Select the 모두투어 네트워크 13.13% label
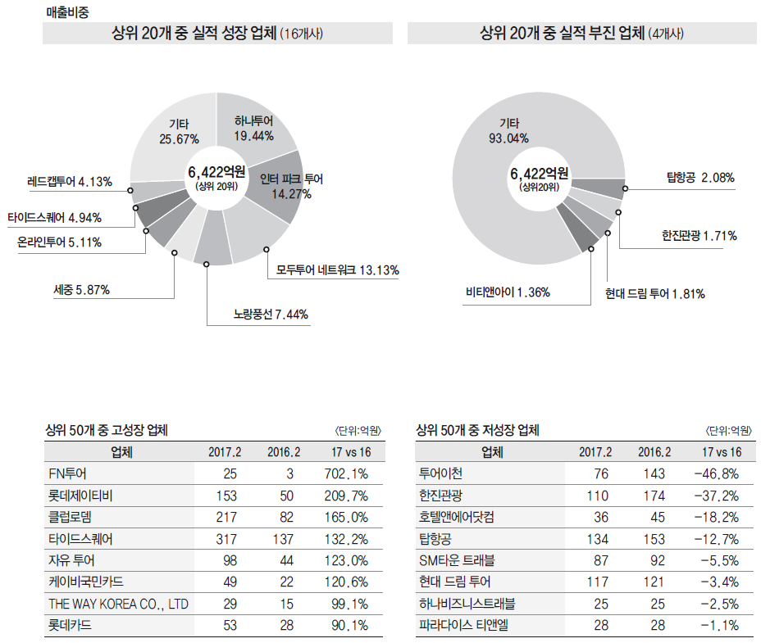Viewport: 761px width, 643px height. [337, 269]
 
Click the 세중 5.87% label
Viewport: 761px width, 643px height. [81, 289]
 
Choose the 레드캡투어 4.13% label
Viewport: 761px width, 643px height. [70, 181]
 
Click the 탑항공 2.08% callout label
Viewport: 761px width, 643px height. [700, 177]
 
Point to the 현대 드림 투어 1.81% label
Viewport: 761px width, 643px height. [655, 293]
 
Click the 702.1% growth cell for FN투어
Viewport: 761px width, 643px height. [348, 473]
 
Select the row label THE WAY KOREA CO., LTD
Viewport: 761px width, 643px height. [119, 604]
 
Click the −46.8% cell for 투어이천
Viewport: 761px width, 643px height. [716, 473]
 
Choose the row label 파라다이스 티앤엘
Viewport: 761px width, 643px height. [463, 626]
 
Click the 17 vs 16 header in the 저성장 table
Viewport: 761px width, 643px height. [722, 452]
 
